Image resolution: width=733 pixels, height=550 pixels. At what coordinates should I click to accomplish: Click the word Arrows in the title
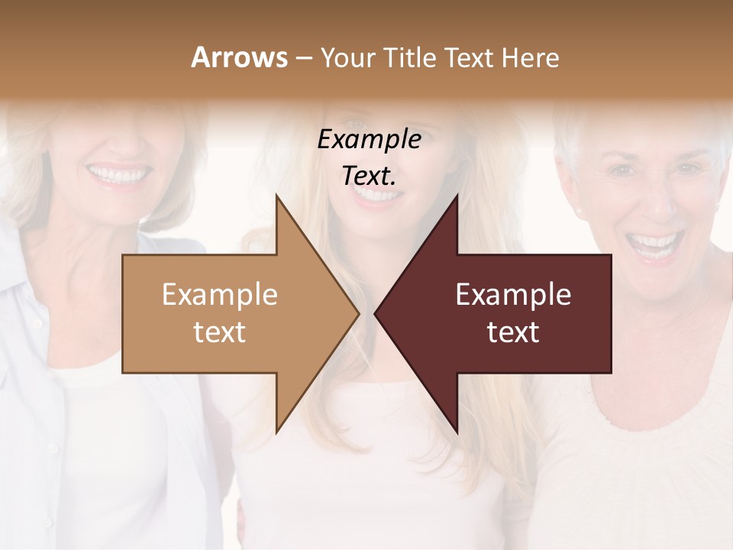(x=239, y=57)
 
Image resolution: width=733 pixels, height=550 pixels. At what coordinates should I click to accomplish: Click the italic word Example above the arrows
(x=369, y=139)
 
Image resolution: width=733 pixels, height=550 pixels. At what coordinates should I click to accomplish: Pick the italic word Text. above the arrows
(x=369, y=176)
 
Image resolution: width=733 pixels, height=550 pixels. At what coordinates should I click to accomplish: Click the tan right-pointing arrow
(x=229, y=313)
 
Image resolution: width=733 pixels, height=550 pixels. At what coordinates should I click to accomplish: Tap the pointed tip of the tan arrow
(x=357, y=313)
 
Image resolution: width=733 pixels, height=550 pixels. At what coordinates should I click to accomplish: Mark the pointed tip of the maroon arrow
(x=376, y=313)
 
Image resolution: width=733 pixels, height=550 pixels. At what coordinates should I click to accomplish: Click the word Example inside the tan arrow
(x=220, y=295)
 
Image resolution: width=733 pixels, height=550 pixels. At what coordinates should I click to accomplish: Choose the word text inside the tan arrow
(x=220, y=332)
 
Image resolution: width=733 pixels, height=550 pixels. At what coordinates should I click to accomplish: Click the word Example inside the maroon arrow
(x=513, y=295)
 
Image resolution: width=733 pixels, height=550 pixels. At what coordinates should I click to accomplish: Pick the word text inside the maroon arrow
(x=513, y=332)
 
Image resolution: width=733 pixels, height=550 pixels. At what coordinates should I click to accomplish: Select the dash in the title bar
(x=303, y=58)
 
